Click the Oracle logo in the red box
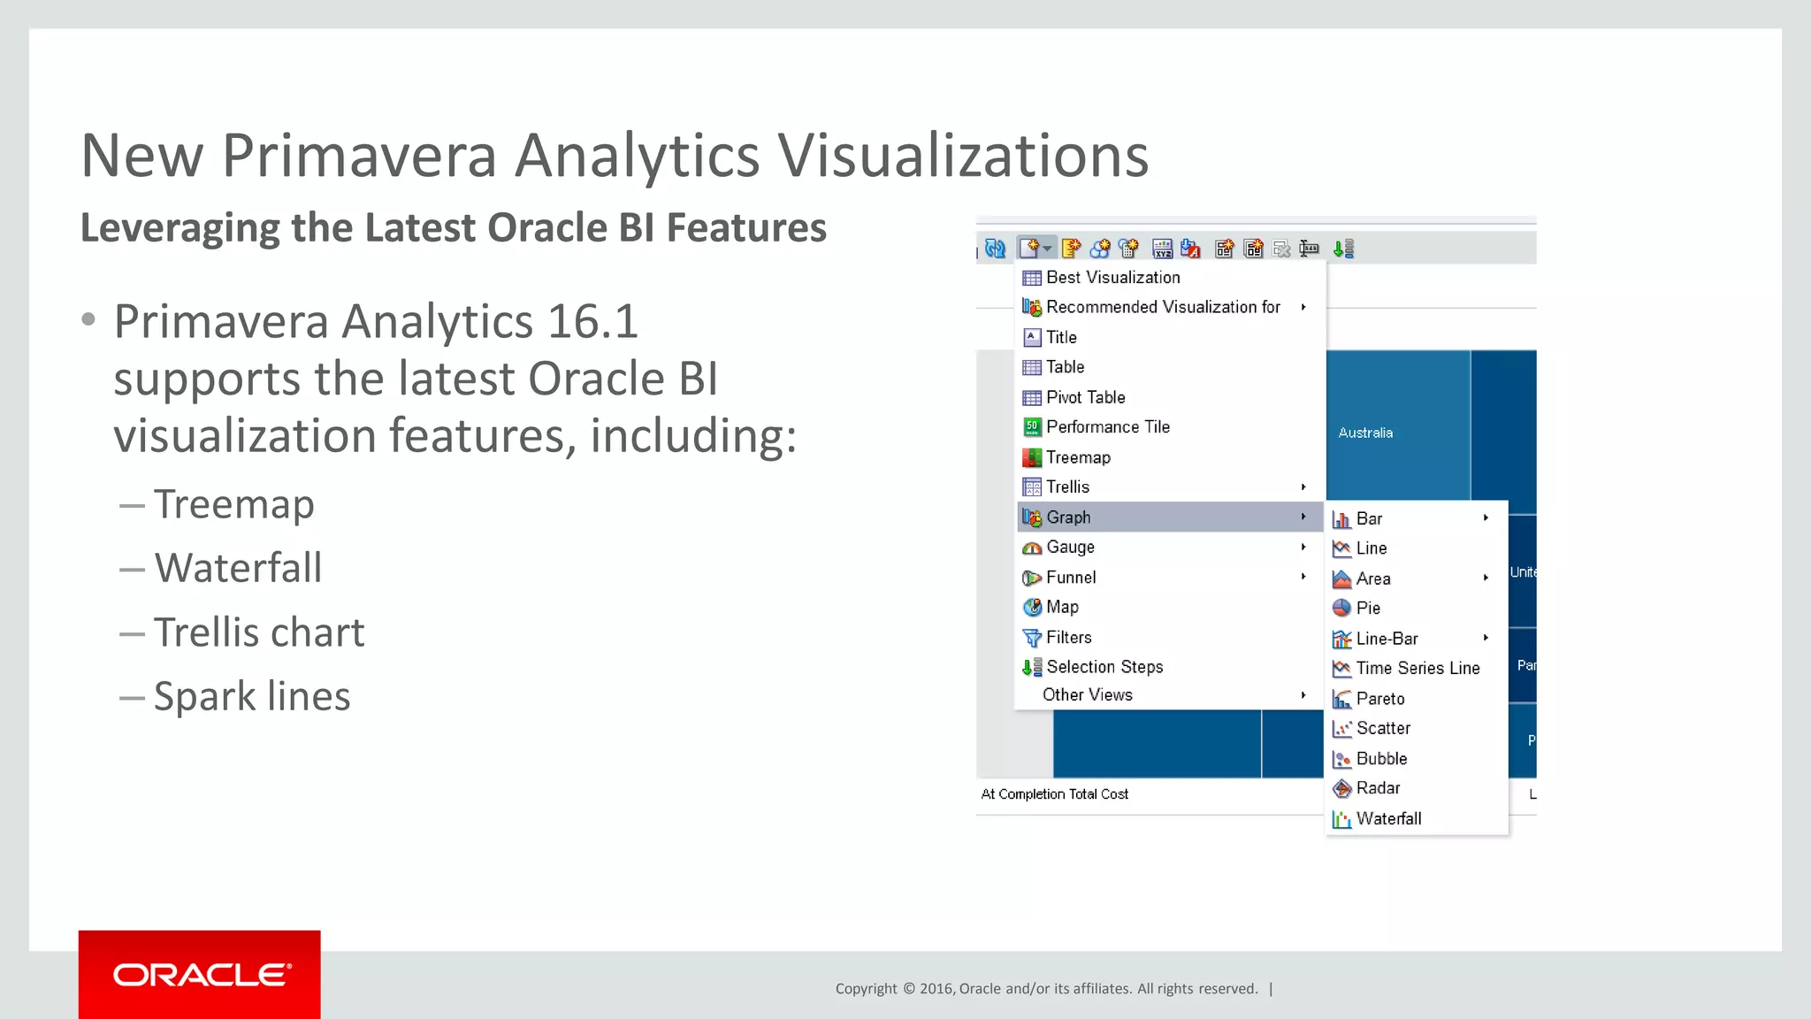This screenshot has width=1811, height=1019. [201, 975]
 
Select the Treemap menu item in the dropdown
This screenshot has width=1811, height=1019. [1077, 457]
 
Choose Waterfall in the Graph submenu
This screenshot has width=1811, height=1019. [1388, 819]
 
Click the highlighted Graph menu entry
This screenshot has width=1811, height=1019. [1068, 517]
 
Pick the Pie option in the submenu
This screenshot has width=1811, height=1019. [1367, 609]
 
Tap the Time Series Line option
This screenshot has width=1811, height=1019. [1417, 669]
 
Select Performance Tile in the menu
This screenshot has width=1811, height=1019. [1107, 427]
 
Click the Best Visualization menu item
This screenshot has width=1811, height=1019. [1112, 278]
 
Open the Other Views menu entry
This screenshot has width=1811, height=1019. [1087, 695]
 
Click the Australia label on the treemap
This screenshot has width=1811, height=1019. [1365, 433]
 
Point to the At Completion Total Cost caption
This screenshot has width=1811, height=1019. [1054, 794]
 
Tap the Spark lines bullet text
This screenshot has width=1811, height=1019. [252, 696]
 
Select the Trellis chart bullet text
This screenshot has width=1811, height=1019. [259, 632]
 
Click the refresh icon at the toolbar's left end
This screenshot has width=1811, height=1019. [995, 249]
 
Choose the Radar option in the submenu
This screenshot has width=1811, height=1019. [1378, 788]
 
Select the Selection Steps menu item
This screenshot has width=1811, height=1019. [1104, 667]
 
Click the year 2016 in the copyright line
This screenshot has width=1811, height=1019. [936, 989]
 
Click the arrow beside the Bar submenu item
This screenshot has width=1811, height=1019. [1486, 518]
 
